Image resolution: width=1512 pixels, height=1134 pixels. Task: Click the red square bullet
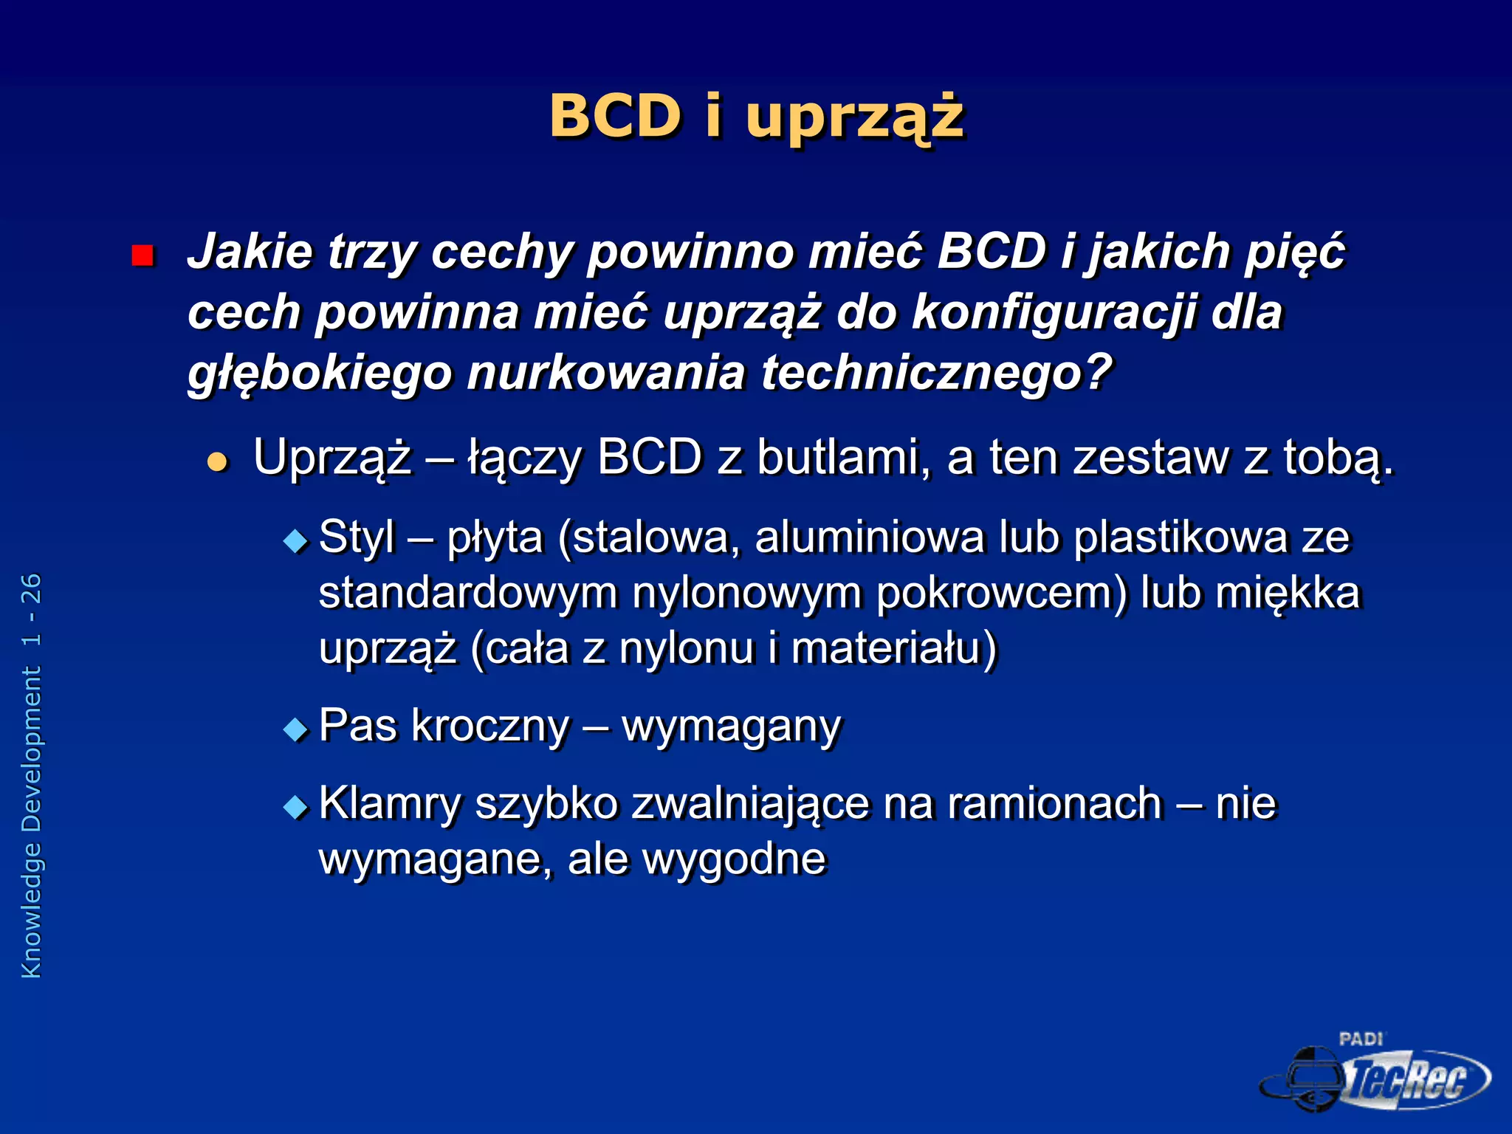tap(142, 255)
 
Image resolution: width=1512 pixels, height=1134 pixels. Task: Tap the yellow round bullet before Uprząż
tap(217, 462)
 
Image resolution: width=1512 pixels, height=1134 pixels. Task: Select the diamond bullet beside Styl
tap(295, 541)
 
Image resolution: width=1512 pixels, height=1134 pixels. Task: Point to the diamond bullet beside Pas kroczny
tap(295, 729)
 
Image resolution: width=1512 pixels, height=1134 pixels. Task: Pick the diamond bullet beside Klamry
tap(295, 806)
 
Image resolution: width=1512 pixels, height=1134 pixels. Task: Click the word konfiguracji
tap(1054, 312)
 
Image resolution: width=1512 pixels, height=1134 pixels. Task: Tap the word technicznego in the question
tap(936, 372)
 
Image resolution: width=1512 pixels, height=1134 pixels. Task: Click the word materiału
tap(894, 648)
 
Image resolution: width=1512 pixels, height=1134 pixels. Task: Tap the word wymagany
tap(731, 726)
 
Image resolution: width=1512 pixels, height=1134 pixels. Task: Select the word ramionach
tap(1055, 803)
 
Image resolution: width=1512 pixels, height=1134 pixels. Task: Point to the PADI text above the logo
tap(1361, 1039)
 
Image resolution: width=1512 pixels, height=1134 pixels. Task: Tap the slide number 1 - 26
tap(32, 610)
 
